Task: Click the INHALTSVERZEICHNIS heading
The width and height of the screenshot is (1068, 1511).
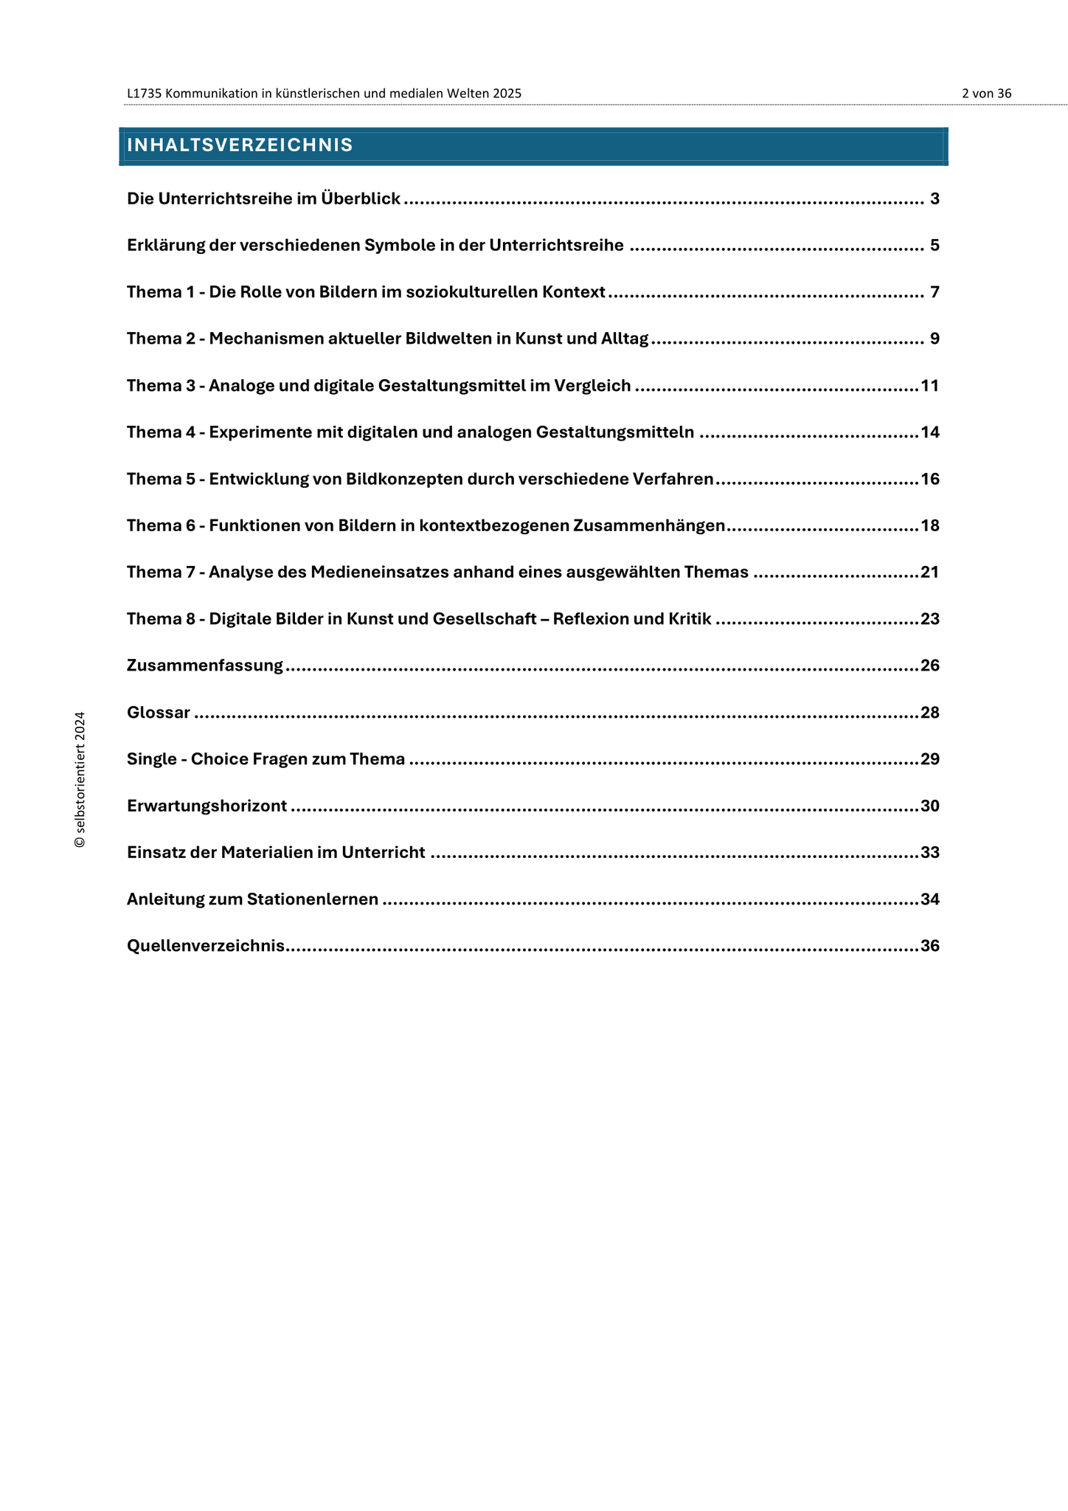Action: (240, 145)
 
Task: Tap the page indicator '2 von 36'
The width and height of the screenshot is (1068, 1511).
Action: (986, 94)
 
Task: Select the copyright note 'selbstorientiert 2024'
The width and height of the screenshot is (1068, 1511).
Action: (80, 779)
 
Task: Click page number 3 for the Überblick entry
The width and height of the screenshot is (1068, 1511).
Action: (934, 198)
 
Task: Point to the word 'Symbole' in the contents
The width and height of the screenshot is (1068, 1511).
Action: (399, 246)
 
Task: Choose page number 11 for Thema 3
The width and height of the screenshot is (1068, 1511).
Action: (929, 386)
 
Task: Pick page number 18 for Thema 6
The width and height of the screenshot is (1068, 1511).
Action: (929, 526)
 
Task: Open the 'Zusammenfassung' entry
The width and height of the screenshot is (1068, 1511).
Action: (205, 665)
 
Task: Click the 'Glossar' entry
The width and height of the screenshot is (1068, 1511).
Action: (159, 713)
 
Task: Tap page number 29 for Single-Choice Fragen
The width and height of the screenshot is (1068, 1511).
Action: (929, 759)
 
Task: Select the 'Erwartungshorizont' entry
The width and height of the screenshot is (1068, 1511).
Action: (207, 806)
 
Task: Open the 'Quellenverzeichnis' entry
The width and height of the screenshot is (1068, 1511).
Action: (206, 946)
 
